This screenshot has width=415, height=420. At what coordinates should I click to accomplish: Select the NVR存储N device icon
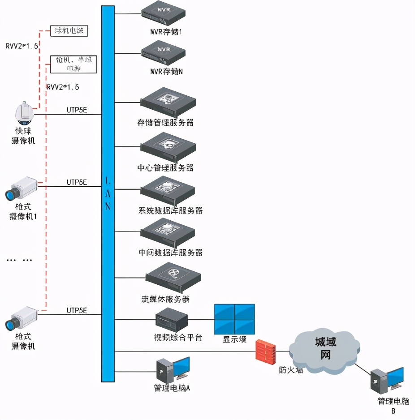(x=163, y=53)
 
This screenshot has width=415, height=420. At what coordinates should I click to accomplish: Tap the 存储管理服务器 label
(x=166, y=122)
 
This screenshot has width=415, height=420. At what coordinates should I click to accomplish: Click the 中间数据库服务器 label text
(x=170, y=253)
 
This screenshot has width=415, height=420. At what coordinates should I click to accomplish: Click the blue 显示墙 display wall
(x=234, y=319)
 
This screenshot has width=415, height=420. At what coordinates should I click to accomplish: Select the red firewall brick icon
(x=266, y=351)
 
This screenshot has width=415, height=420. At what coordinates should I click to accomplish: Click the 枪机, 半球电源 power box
(x=73, y=64)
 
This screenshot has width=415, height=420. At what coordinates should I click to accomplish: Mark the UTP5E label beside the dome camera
(x=77, y=109)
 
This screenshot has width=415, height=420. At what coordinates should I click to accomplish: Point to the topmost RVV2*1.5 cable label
(x=22, y=46)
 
